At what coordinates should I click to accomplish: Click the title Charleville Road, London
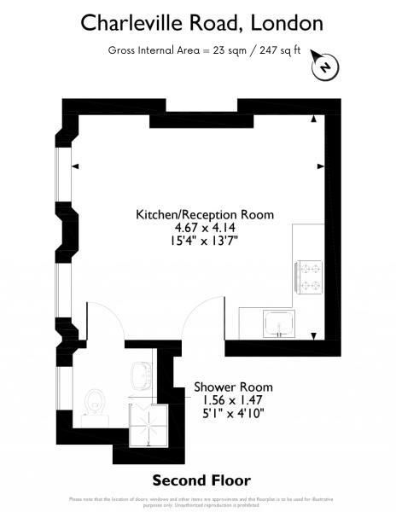tap(198, 21)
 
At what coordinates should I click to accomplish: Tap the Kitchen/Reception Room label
tap(205, 215)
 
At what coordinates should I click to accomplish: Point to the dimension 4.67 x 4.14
tap(205, 228)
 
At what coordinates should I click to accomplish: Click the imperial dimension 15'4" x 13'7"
tap(205, 241)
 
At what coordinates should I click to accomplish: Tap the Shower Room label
tap(228, 387)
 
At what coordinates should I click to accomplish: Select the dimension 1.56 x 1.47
tap(228, 399)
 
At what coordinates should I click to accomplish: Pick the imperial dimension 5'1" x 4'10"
tap(228, 412)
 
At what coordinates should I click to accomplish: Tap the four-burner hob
tap(308, 278)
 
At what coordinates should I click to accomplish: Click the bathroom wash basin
tap(139, 374)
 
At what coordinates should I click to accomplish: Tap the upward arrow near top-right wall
tap(317, 120)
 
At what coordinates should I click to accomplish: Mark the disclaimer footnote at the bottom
tap(198, 501)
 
